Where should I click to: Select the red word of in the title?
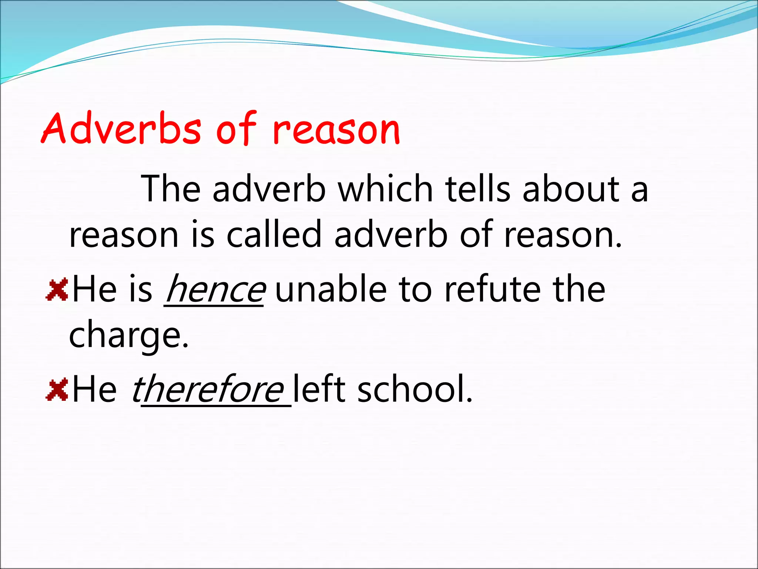coord(236,128)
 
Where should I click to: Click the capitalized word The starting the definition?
coord(171,189)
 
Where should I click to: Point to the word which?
coord(385,189)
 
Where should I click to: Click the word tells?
coord(478,189)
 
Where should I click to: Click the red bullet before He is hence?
coord(57,289)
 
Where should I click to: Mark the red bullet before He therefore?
coord(57,389)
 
